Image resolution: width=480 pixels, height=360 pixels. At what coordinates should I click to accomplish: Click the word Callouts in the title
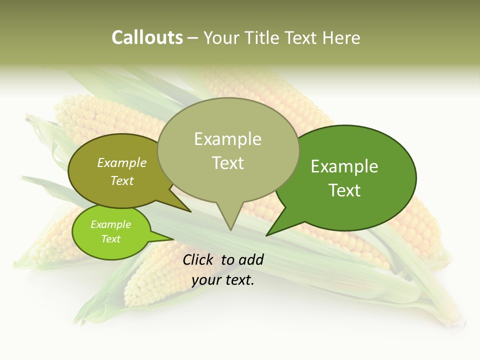147,37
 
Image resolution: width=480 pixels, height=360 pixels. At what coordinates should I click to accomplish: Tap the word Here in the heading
342,37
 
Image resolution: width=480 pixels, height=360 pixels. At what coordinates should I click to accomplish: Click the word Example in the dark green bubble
344,166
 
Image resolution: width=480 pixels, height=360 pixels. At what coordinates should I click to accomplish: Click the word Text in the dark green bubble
344,190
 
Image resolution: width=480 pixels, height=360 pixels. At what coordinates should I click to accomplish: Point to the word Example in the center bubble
227,139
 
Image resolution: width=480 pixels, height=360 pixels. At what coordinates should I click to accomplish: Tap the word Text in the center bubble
228,162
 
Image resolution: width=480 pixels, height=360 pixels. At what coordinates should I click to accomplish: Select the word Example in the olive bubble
122,162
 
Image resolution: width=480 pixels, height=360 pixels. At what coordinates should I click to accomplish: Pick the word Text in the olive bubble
122,180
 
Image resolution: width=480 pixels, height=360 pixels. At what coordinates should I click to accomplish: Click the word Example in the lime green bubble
110,224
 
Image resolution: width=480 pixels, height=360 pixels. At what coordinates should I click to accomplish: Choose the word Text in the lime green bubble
110,239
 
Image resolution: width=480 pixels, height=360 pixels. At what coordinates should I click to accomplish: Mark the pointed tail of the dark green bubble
270,232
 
